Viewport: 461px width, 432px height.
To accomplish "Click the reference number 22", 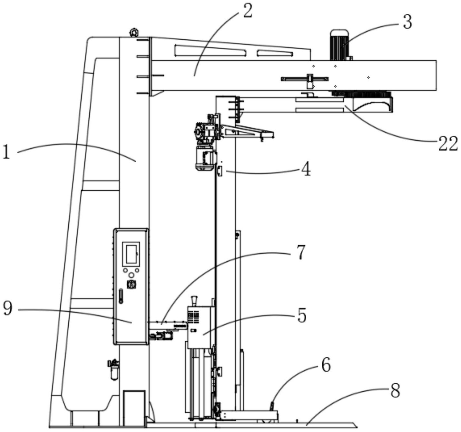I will [x=448, y=144].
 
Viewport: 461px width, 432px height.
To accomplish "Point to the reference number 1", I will [x=6, y=152].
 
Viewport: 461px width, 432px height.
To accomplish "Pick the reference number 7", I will [x=300, y=252].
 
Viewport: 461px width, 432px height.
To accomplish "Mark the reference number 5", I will [x=301, y=315].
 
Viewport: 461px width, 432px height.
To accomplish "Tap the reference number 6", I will [x=326, y=366].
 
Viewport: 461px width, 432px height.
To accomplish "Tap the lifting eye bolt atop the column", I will [x=133, y=33].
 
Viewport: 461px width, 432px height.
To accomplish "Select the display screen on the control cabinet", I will [x=131, y=254].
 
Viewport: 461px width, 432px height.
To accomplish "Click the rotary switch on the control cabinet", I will [x=131, y=284].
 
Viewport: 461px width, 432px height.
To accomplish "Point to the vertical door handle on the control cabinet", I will [x=121, y=296].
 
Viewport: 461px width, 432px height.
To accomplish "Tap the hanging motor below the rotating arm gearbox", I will [x=204, y=157].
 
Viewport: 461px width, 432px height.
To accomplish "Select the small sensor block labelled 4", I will [x=220, y=171].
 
